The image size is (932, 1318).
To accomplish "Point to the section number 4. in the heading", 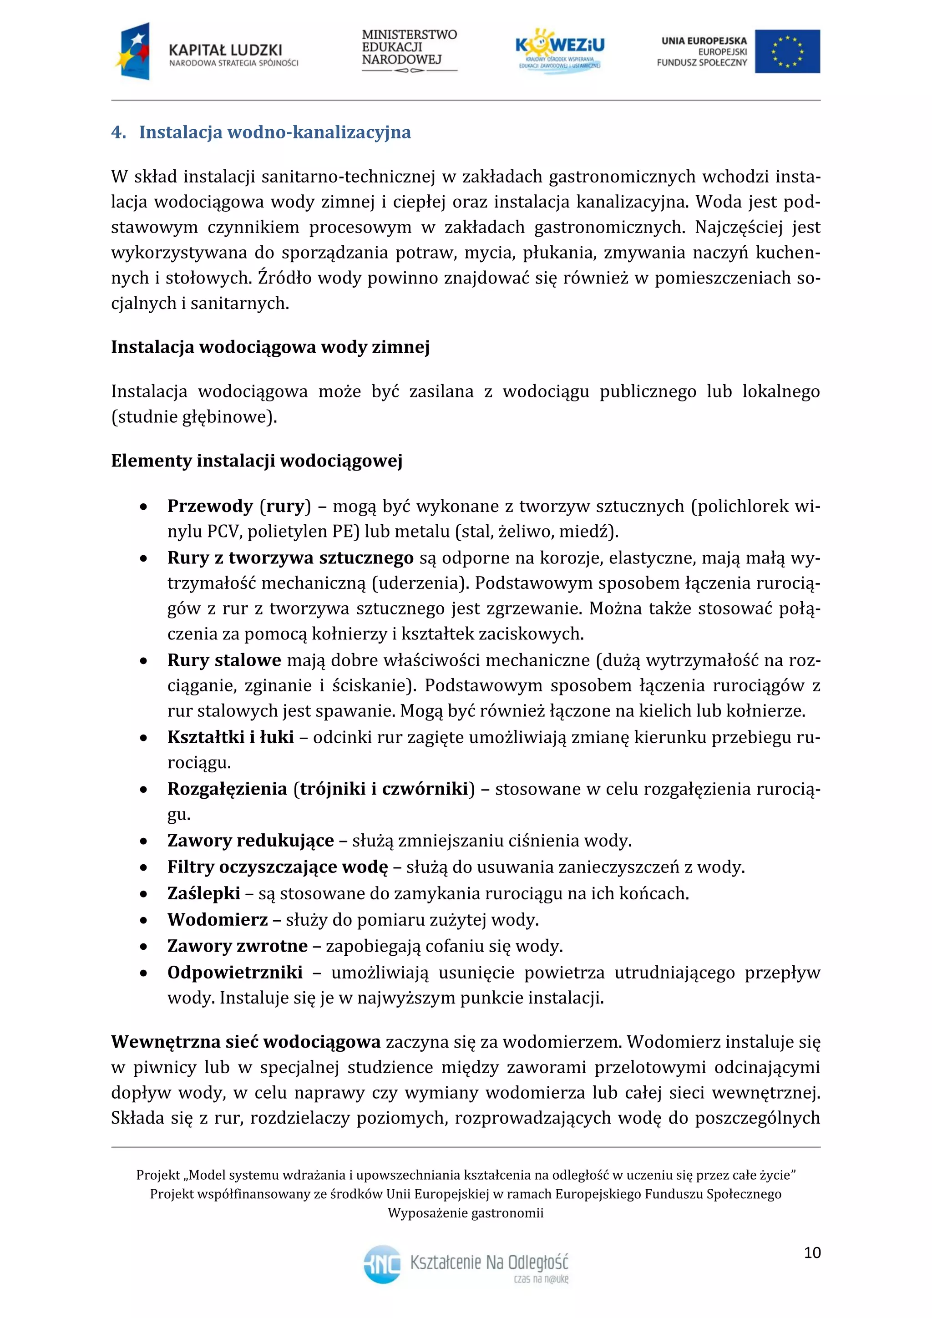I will pos(118,132).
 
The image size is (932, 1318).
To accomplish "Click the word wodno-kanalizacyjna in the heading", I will pos(319,132).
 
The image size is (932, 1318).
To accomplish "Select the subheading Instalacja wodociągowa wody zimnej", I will pos(270,347).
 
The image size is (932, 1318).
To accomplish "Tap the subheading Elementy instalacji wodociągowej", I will pos(257,461).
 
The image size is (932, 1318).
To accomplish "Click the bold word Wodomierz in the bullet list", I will pos(218,920).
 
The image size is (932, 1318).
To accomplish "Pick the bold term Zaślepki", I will pos(204,893).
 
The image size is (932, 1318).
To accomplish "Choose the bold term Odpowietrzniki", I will pos(235,973).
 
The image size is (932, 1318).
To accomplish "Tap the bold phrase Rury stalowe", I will pos(224,660).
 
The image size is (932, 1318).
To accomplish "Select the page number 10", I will pos(812,1252).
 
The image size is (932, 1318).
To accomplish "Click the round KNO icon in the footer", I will pos(382,1264).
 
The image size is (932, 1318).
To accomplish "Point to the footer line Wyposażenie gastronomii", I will pos(466,1213).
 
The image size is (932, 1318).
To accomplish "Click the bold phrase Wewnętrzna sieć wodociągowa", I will pos(246,1042).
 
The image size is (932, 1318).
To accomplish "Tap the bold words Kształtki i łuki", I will pos(230,737).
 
